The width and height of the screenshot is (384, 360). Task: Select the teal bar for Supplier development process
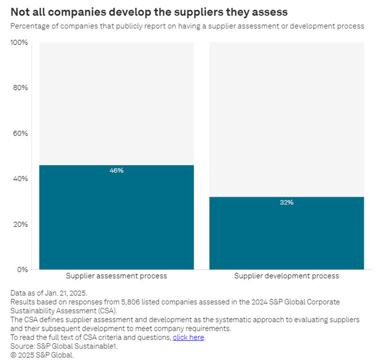coord(287,233)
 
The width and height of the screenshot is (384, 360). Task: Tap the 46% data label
coord(116,170)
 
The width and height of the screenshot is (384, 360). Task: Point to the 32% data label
coord(287,202)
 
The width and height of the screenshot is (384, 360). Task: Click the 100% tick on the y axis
coord(19,43)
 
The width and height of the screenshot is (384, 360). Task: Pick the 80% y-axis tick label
coord(20,88)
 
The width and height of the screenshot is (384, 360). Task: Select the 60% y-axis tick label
coord(20,133)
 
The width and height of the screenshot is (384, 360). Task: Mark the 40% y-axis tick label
coord(20,179)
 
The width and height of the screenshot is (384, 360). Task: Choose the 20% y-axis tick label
coord(20,224)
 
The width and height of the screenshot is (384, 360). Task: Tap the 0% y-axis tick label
coord(22,269)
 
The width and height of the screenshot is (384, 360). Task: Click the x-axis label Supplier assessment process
coord(116,276)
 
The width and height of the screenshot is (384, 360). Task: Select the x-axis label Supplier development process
coord(287,276)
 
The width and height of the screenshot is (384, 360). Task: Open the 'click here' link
coord(188,337)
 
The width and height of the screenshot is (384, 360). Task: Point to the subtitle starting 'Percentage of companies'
coord(187,26)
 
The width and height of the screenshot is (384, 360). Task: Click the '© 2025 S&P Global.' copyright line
coord(42,355)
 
